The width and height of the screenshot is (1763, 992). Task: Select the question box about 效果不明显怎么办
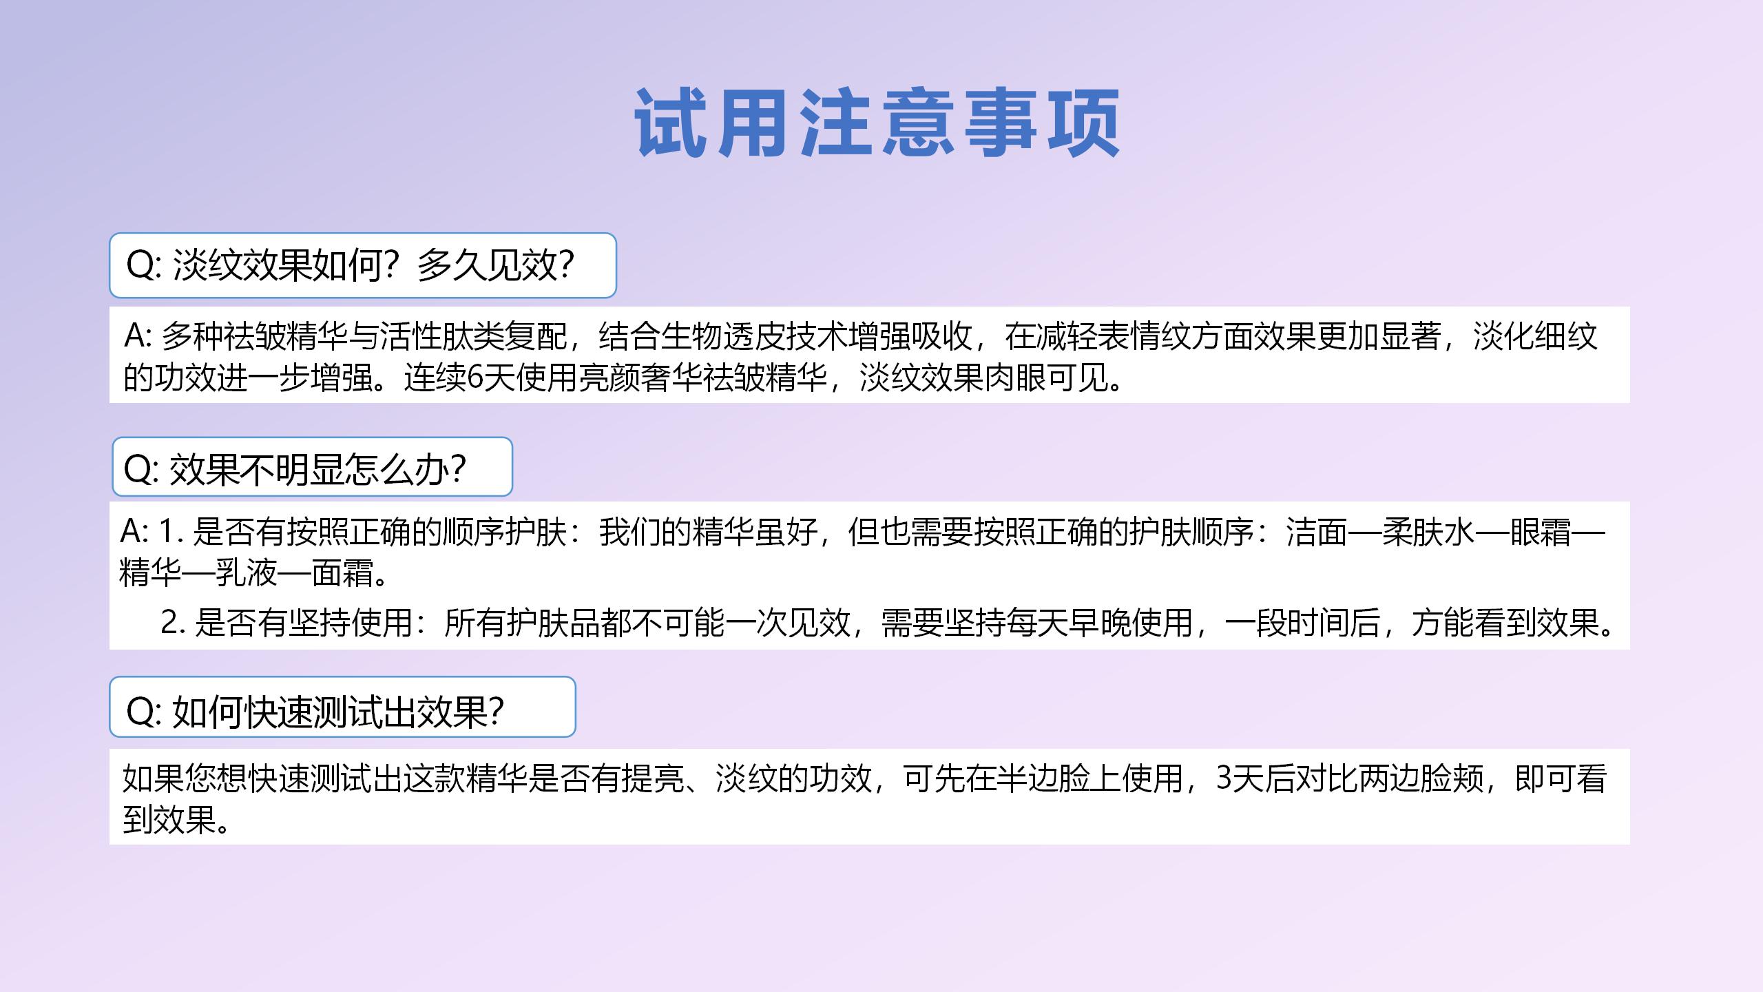coord(312,466)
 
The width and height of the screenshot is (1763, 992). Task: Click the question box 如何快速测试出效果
coord(342,707)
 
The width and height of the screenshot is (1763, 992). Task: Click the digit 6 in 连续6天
coord(474,377)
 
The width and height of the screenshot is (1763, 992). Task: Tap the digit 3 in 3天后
coord(1224,778)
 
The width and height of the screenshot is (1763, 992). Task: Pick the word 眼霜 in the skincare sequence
coord(1541,532)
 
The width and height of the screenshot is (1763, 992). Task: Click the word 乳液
coord(247,572)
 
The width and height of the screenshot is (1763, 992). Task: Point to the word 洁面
coord(1317,532)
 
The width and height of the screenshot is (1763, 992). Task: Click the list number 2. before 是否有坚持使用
coord(174,622)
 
